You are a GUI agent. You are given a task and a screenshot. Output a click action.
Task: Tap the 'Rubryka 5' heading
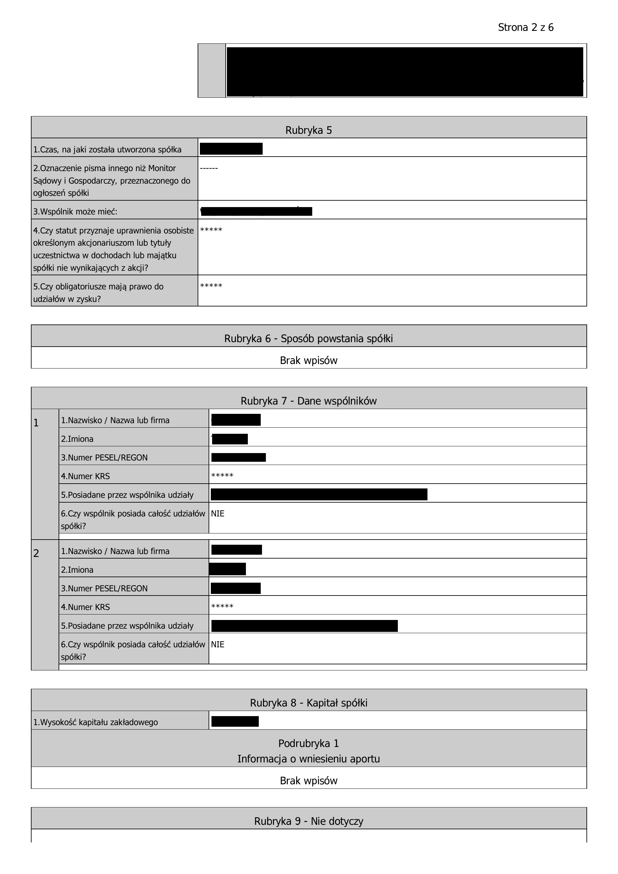pyautogui.click(x=309, y=130)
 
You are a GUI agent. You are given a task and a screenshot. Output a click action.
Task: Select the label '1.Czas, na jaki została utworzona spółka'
pyautogui.click(x=107, y=150)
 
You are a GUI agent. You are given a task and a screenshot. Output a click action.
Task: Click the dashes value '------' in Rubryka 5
pyautogui.click(x=209, y=168)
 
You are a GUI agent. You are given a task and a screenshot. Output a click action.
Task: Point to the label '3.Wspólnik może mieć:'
pyautogui.click(x=75, y=212)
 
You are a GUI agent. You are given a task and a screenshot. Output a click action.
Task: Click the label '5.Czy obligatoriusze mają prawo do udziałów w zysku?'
pyautogui.click(x=98, y=293)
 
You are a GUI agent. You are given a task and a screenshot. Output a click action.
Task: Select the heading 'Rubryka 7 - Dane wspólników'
pyautogui.click(x=309, y=401)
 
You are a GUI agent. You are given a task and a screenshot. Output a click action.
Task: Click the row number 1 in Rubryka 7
pyautogui.click(x=36, y=423)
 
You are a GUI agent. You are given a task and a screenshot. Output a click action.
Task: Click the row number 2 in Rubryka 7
pyautogui.click(x=36, y=553)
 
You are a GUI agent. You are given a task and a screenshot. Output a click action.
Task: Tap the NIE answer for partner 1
pyautogui.click(x=218, y=514)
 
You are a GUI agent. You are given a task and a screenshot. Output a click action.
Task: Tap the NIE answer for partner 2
pyautogui.click(x=218, y=644)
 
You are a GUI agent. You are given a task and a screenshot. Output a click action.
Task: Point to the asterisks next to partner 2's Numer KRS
pyautogui.click(x=222, y=606)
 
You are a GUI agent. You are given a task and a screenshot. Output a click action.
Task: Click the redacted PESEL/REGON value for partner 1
pyautogui.click(x=239, y=457)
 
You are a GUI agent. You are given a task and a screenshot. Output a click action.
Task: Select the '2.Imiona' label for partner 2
pyautogui.click(x=77, y=570)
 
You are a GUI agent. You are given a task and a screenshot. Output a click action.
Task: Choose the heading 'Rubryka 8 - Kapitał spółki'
pyautogui.click(x=309, y=703)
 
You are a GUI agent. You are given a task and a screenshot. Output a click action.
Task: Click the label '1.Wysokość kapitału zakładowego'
pyautogui.click(x=95, y=722)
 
